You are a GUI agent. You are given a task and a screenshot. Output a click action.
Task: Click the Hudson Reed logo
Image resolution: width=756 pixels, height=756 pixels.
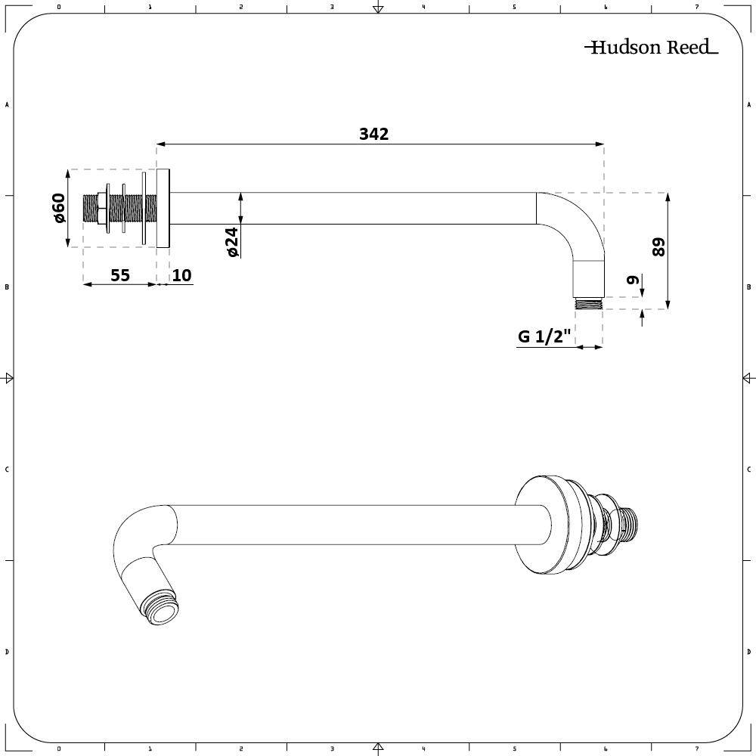[651, 48]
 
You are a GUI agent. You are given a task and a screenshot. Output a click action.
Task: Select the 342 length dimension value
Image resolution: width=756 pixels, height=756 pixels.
[373, 134]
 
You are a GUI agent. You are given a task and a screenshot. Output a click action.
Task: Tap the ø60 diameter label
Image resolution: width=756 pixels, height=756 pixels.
[59, 208]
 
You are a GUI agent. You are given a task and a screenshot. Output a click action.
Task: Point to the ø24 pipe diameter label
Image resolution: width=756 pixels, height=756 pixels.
[232, 241]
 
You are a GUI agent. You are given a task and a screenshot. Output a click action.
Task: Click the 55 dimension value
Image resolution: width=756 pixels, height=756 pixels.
[120, 275]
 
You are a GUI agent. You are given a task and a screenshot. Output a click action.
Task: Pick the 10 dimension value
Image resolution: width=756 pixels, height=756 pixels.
[181, 275]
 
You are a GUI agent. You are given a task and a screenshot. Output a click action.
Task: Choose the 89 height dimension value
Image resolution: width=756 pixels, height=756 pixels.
[658, 247]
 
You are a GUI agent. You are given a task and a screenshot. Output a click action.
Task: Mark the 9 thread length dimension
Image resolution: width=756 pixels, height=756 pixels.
[634, 280]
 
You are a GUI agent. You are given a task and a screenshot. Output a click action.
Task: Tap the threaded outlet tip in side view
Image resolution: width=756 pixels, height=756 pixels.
[589, 304]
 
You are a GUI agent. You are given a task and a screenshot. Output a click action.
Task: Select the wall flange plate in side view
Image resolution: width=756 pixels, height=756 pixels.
[164, 208]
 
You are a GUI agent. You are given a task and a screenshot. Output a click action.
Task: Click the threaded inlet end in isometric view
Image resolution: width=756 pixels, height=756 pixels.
[627, 522]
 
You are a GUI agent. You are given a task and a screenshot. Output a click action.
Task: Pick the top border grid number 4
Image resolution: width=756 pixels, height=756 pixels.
[423, 8]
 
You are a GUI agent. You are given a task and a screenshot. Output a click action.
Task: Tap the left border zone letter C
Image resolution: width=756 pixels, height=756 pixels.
[7, 469]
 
